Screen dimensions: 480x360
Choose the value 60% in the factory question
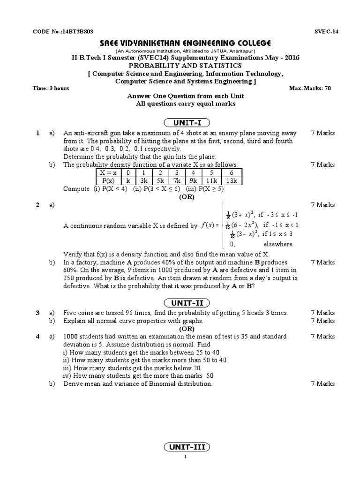click(x=70, y=270)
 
